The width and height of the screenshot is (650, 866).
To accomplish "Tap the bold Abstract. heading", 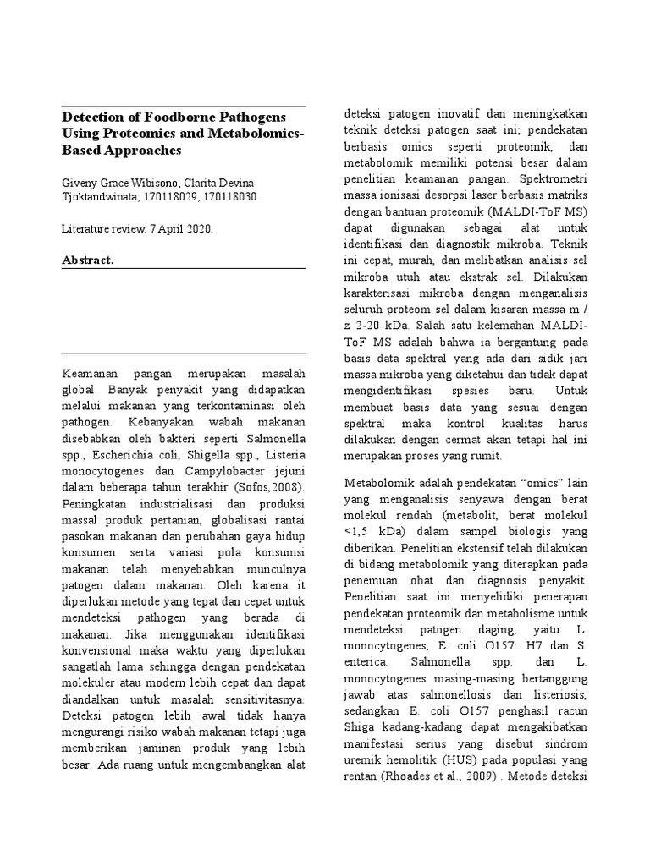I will [88, 260].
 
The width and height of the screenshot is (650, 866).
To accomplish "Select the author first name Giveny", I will [81, 183].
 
